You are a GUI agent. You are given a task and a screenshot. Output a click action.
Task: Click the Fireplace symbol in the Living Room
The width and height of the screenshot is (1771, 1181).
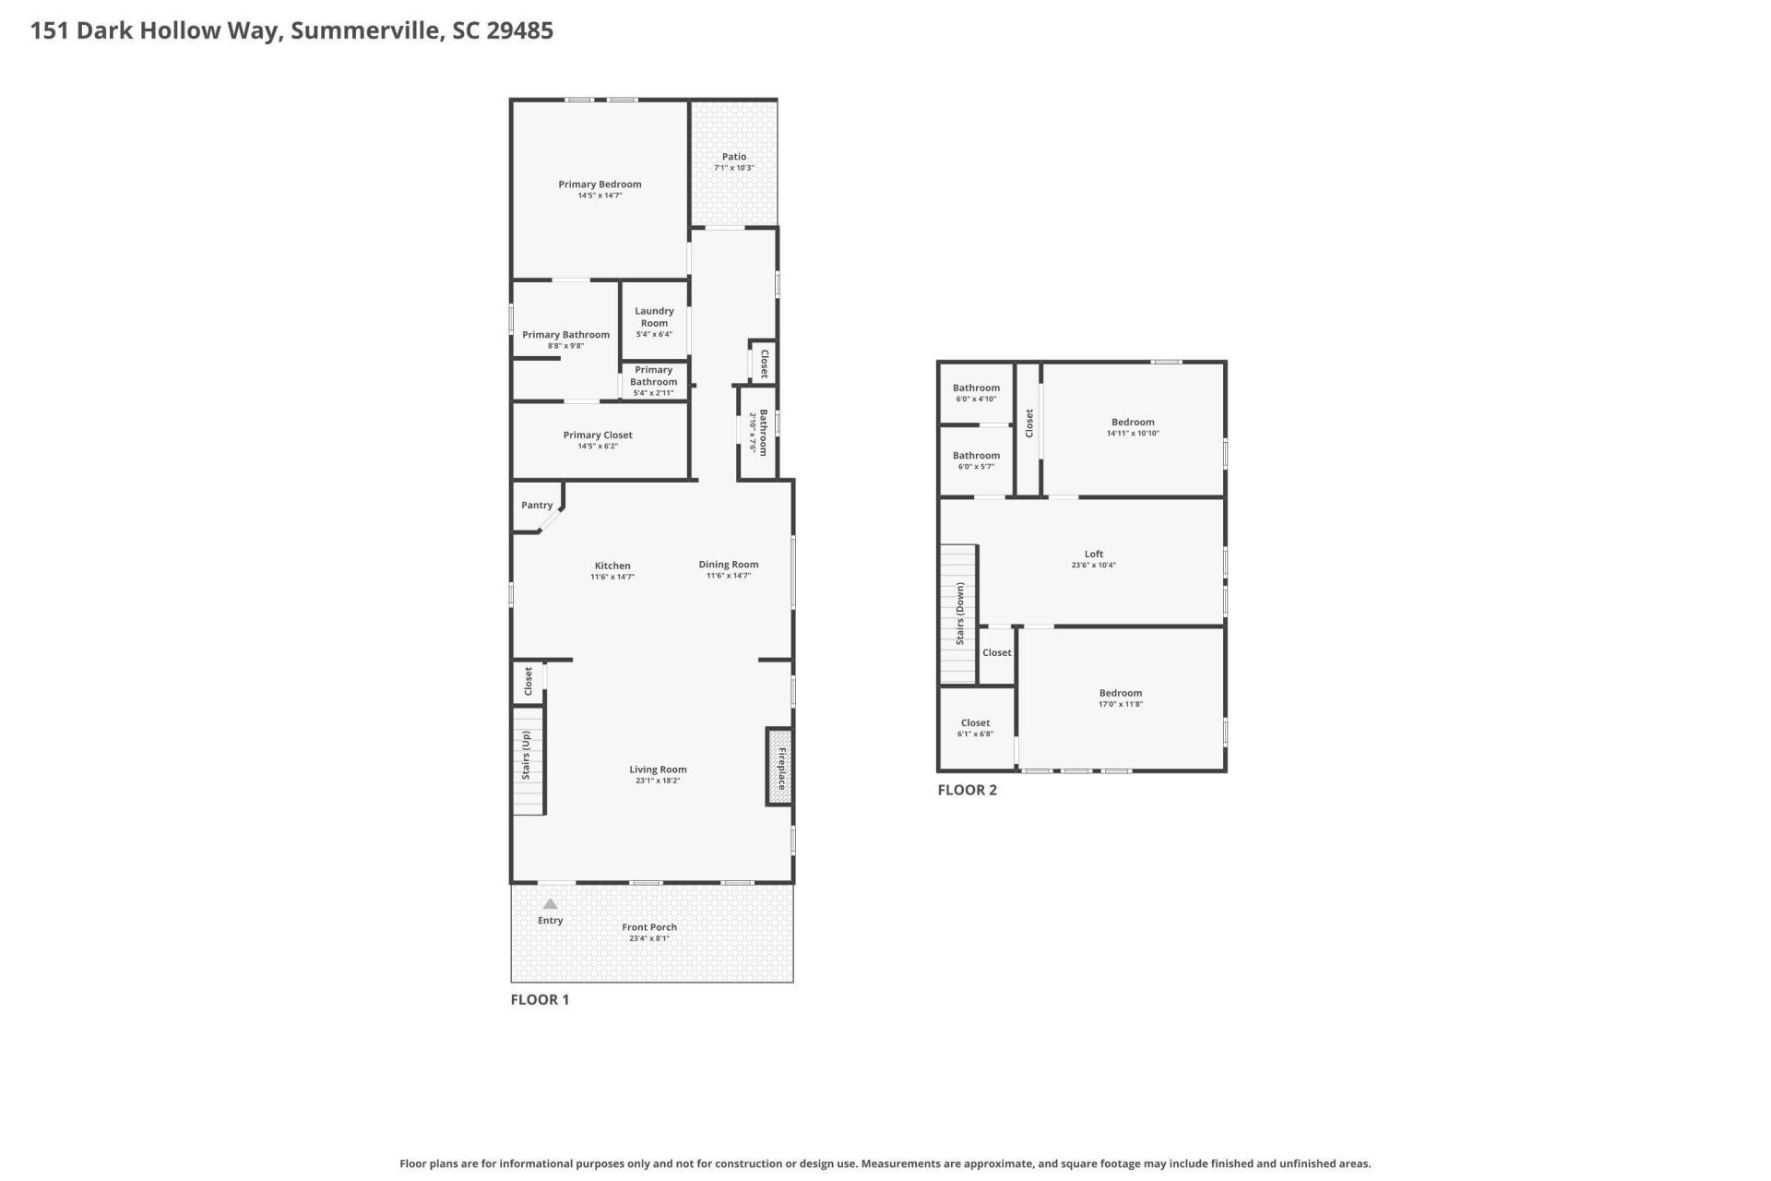pos(779,767)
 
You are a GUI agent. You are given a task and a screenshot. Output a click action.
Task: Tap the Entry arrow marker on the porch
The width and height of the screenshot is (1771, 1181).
pos(550,904)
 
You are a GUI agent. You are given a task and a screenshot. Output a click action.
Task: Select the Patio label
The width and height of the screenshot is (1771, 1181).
pos(734,157)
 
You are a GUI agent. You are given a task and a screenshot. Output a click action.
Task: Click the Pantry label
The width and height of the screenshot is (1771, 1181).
pos(537,506)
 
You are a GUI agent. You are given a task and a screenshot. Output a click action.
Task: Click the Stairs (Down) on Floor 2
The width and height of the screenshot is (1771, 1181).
pos(958,614)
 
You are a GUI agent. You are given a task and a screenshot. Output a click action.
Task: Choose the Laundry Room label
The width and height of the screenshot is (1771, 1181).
pos(654,316)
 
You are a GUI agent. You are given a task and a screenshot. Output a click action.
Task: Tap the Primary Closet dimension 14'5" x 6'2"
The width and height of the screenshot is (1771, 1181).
pos(598,447)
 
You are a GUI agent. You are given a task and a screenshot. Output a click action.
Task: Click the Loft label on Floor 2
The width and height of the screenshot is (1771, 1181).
pos(1094,555)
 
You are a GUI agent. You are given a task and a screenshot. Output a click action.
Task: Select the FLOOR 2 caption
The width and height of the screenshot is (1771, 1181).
pos(967,790)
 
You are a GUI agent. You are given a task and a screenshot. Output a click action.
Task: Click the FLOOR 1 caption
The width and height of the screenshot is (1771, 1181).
pos(540,999)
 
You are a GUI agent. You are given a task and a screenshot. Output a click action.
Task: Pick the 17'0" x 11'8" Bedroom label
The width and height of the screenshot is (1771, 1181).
pos(1121,693)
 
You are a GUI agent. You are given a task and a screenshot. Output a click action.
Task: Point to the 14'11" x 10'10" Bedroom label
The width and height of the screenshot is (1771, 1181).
pos(1133,422)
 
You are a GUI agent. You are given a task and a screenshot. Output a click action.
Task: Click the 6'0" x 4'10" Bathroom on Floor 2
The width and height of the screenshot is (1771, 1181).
pos(976,388)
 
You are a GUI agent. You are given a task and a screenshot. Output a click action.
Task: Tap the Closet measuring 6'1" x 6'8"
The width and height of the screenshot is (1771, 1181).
pos(975,723)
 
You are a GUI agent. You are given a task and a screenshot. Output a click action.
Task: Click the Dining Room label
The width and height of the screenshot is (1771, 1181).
pos(729,565)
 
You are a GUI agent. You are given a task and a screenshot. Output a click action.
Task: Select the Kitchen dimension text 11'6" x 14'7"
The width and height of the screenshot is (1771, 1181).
pos(612,577)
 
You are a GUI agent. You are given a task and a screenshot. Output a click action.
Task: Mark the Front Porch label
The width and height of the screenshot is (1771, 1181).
pos(649,927)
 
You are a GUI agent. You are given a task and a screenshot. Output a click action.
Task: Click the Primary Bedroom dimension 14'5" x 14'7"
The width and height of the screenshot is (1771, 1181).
pos(600,196)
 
